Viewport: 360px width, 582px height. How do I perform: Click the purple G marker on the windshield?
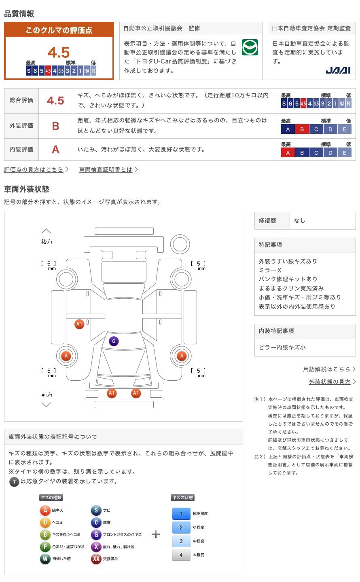(114, 341)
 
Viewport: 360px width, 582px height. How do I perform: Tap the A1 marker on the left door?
(79, 324)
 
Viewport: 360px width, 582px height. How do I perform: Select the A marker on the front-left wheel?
(66, 356)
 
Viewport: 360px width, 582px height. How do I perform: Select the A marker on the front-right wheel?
(182, 356)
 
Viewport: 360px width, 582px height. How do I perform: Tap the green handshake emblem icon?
(250, 48)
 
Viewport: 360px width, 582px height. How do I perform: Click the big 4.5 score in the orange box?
(59, 52)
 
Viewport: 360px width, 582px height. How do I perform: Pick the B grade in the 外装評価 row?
(55, 126)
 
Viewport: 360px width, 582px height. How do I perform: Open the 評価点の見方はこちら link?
(34, 169)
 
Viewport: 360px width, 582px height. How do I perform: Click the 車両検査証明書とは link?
(106, 169)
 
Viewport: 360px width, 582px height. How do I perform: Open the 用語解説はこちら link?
(327, 369)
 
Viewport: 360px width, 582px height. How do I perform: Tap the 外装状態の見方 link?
(330, 382)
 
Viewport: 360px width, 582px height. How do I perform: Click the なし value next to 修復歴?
(300, 221)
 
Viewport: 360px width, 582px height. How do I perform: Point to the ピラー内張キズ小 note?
(282, 347)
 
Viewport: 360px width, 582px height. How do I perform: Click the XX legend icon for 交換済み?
(96, 559)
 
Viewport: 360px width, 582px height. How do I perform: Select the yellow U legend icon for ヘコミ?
(45, 522)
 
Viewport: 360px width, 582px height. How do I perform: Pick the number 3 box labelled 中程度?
(181, 541)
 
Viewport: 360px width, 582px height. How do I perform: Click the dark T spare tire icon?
(14, 481)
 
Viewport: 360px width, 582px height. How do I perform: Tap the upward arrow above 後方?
(46, 231)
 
